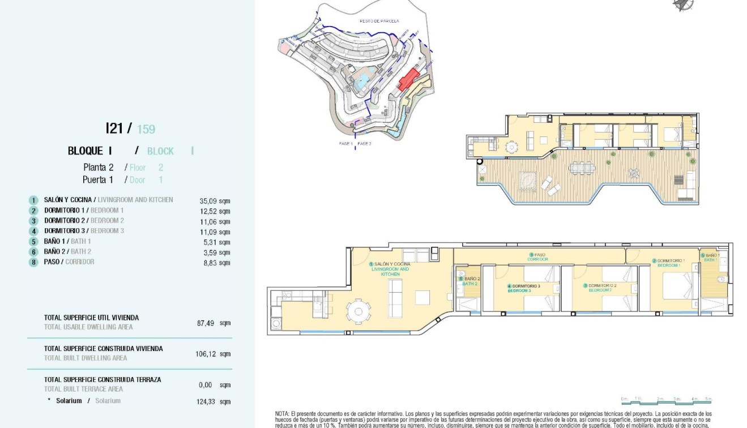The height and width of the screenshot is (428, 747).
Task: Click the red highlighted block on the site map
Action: (408, 80)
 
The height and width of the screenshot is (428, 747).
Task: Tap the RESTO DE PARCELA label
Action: (379, 21)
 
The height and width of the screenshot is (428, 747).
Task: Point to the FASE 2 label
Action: (365, 144)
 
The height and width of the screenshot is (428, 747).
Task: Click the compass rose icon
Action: (684, 5)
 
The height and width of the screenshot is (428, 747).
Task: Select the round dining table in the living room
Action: (357, 310)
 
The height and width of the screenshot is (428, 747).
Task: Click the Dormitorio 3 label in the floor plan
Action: (523, 288)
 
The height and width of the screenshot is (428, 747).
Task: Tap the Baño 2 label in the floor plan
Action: (469, 281)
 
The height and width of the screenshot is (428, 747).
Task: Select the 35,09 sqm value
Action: (215, 200)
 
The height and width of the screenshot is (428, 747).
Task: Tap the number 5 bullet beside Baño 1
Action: (34, 242)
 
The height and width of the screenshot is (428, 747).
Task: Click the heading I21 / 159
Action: (130, 129)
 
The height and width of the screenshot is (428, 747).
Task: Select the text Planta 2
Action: (99, 168)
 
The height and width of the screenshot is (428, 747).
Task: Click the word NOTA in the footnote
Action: (282, 414)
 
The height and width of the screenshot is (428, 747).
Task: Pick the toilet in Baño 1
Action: (721, 280)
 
